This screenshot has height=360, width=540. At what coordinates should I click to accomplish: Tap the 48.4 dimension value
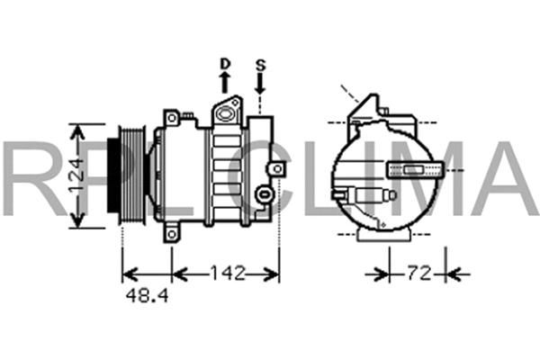click(145, 295)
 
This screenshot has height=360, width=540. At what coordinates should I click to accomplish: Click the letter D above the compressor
click(225, 64)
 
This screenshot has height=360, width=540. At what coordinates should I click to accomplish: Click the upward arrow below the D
click(225, 83)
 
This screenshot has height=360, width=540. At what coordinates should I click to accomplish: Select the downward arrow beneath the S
click(260, 85)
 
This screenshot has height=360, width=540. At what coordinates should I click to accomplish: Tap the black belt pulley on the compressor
click(116, 177)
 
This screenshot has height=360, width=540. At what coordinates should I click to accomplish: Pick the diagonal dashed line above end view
click(351, 94)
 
